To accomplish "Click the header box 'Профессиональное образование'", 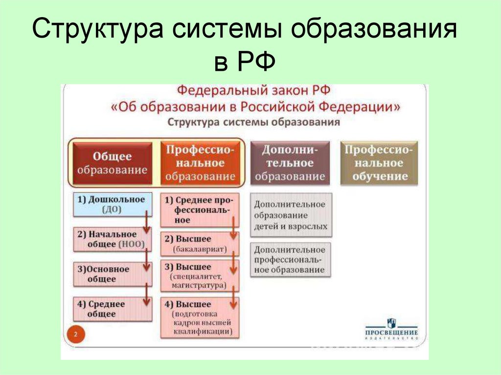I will pyautogui.click(x=201, y=163).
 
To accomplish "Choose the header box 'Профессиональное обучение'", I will pyautogui.click(x=380, y=163).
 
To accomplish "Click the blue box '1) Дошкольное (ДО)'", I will pyautogui.click(x=111, y=204).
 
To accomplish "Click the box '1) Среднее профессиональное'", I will pyautogui.click(x=198, y=209).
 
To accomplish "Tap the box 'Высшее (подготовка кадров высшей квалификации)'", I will pyautogui.click(x=198, y=317).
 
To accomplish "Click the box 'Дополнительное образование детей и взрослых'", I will pyautogui.click(x=290, y=215).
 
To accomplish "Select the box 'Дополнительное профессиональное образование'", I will pyautogui.click(x=290, y=260).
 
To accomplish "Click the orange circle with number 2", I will pyautogui.click(x=76, y=335).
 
